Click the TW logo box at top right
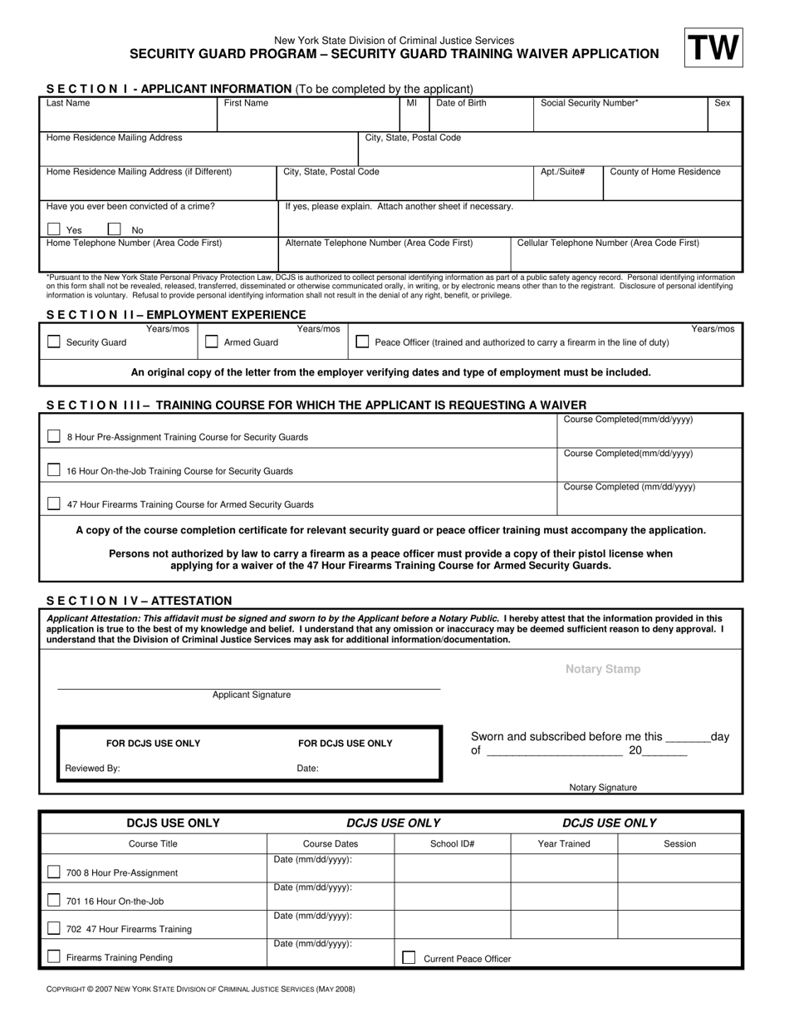click(713, 47)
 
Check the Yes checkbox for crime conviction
click(54, 229)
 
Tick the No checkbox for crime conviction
click(115, 229)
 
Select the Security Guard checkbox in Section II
click(54, 341)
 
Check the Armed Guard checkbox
click(212, 341)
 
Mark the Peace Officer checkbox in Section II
click(362, 341)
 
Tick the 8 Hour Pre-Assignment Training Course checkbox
click(54, 436)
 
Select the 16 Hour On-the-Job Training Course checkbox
click(54, 470)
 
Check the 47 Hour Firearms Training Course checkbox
click(54, 504)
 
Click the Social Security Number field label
click(589, 104)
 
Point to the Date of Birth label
click(461, 104)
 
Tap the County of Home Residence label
click(665, 172)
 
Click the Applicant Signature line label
click(252, 695)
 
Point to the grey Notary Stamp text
click(603, 669)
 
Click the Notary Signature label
click(603, 788)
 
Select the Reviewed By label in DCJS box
click(92, 769)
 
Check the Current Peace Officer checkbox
click(409, 958)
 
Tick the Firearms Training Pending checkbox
click(54, 957)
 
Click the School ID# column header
click(452, 844)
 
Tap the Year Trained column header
click(564, 844)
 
